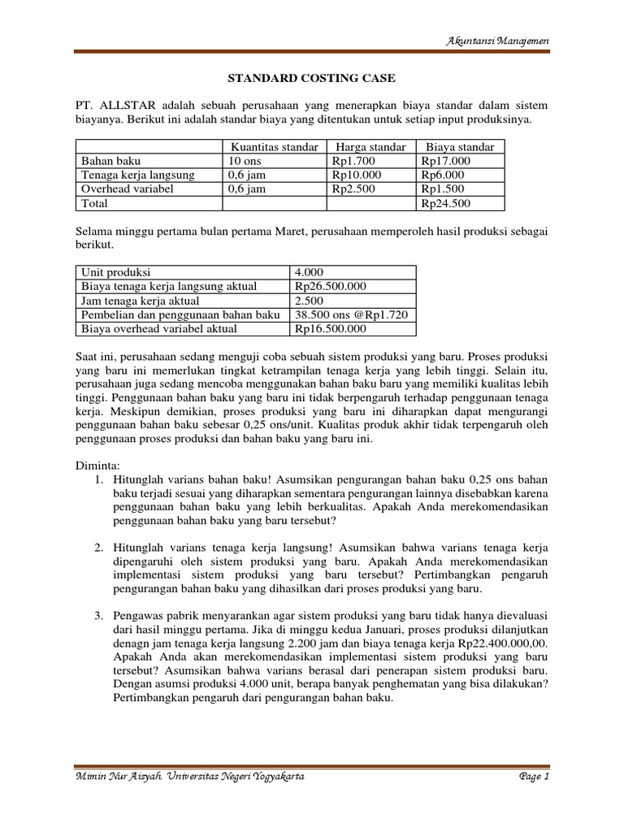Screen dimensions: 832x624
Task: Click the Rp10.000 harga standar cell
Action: pyautogui.click(x=356, y=175)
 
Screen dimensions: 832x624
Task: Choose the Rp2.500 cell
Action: pyautogui.click(x=353, y=188)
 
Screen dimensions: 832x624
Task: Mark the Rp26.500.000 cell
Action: pyautogui.click(x=331, y=286)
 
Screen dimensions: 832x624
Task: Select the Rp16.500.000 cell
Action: pyautogui.click(x=331, y=329)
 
